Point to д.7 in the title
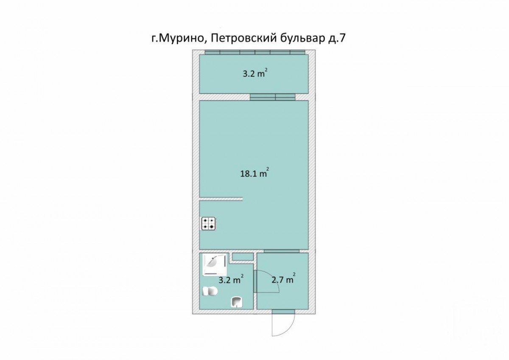pos(338,39)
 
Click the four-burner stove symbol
pos(208,223)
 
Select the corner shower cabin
pos(215,265)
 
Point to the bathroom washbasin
pos(236,302)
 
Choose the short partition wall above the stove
pos(221,199)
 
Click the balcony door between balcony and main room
pos(273,97)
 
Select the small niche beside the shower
pos(243,256)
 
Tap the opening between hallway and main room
pos(281,251)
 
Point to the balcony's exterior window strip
pos(255,52)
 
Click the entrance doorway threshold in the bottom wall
pos(283,312)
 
